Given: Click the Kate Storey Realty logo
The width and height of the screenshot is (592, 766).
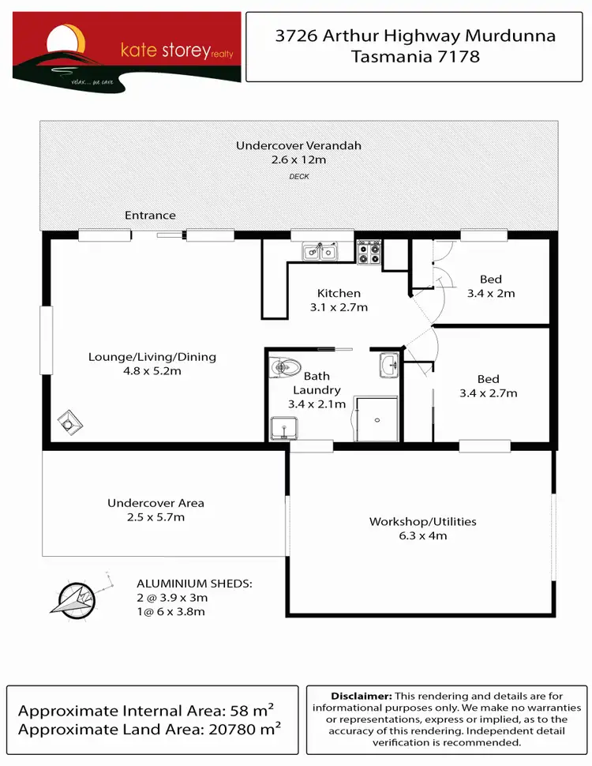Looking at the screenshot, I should pos(126,47).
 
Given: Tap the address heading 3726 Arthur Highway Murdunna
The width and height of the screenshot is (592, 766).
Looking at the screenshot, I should pos(415,36).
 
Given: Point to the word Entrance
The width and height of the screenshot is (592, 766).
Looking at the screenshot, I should pos(150,216).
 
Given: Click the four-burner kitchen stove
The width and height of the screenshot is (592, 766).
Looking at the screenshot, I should pos(369,252).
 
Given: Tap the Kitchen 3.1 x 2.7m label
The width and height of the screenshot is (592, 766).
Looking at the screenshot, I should pos(339,300).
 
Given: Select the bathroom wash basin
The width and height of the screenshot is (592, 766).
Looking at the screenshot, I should pos(389,365).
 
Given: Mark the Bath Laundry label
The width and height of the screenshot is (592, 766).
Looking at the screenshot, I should pos(317,383).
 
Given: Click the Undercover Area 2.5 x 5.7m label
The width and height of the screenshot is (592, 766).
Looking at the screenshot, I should pos(155,510).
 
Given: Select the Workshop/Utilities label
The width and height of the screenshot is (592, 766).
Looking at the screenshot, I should pos(422,528).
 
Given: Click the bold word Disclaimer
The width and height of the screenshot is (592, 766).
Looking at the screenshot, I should pos(361,696).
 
